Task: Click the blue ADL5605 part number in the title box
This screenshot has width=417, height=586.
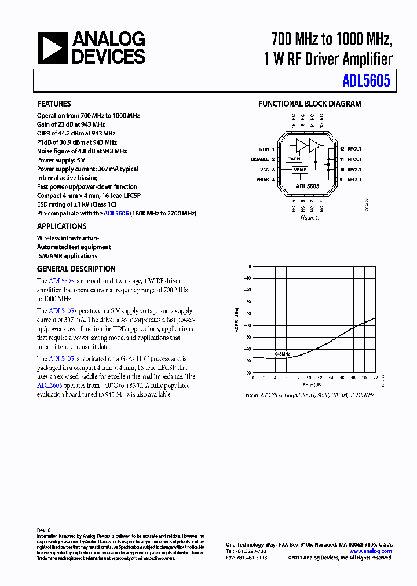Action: [x=365, y=82]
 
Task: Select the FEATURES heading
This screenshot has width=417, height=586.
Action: [x=54, y=104]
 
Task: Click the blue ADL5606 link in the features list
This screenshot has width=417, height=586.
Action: [x=116, y=213]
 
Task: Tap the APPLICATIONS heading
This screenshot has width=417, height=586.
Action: [x=61, y=226]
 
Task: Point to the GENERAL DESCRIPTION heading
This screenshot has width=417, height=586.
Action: [x=76, y=269]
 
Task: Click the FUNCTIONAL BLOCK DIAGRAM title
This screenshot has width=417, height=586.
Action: [x=309, y=104]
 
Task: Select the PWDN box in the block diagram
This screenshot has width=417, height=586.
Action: [x=294, y=159]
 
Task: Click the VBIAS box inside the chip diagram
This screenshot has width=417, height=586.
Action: [x=299, y=170]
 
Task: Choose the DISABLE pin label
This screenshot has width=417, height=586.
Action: [x=259, y=159]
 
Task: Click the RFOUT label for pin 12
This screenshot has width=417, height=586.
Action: [x=354, y=149]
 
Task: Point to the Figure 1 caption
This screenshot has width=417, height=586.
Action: [x=309, y=218]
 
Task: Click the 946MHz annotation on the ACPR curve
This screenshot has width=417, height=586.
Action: [x=282, y=353]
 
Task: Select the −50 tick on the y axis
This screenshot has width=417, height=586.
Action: [x=247, y=326]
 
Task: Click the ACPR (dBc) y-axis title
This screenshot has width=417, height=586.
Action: [x=236, y=320]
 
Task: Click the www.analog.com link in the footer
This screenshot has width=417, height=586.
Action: [x=371, y=551]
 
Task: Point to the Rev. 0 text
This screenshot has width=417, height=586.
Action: [x=44, y=530]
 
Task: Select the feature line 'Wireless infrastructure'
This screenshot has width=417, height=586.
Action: [x=68, y=238]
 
